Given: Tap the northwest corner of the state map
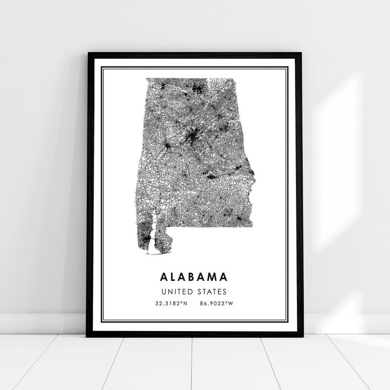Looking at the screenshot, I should [x=145, y=78].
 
